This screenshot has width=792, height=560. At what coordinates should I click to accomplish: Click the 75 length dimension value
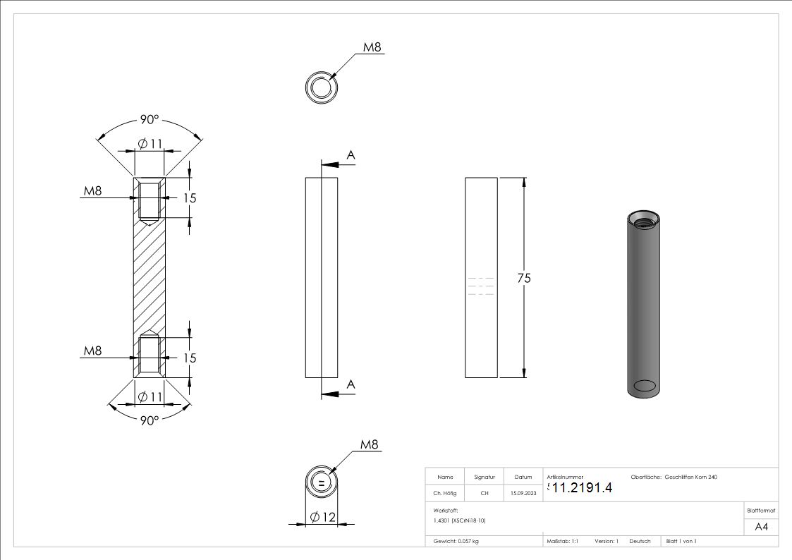pyautogui.click(x=523, y=279)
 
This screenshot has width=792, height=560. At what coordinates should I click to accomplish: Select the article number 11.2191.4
pyautogui.click(x=582, y=487)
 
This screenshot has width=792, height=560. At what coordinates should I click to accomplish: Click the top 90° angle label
pyautogui.click(x=149, y=120)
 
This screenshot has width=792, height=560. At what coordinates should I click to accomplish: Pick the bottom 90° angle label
pyautogui.click(x=149, y=420)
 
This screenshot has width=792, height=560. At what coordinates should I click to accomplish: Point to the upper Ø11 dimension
pyautogui.click(x=150, y=144)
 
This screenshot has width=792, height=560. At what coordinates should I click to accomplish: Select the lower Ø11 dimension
pyautogui.click(x=150, y=397)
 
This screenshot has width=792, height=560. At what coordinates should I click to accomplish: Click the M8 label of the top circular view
pyautogui.click(x=372, y=47)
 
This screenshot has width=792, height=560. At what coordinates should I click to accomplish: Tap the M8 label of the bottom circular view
pyautogui.click(x=370, y=445)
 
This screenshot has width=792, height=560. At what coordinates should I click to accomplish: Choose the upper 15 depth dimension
pyautogui.click(x=190, y=198)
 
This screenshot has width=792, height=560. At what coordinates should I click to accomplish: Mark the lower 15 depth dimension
pyautogui.click(x=190, y=358)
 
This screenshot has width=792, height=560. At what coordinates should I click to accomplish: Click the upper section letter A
pyautogui.click(x=351, y=155)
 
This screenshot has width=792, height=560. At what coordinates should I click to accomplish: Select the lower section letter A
pyautogui.click(x=351, y=384)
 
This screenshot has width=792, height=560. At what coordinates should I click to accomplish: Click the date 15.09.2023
pyautogui.click(x=523, y=494)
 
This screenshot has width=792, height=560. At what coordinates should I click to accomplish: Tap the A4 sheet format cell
pyautogui.click(x=762, y=527)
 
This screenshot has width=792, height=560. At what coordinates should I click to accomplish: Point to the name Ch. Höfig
pyautogui.click(x=445, y=494)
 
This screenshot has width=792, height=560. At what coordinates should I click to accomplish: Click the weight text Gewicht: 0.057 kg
pyautogui.click(x=456, y=541)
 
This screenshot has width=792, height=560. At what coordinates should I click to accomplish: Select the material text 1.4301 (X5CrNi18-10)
pyautogui.click(x=460, y=520)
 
